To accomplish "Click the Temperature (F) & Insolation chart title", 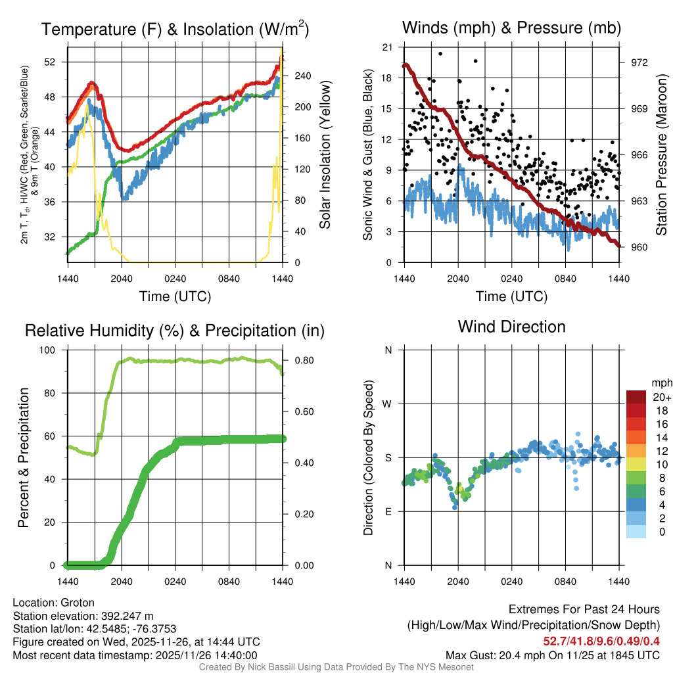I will pyautogui.click(x=175, y=29).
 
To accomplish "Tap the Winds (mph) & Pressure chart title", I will pyautogui.click(x=511, y=28).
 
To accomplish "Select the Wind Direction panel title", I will pyautogui.click(x=511, y=327).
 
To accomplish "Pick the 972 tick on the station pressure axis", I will pyautogui.click(x=639, y=62).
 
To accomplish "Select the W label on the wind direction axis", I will pyautogui.click(x=388, y=404).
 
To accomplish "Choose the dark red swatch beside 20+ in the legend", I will pyautogui.click(x=636, y=397).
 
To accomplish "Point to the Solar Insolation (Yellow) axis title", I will pyautogui.click(x=325, y=155).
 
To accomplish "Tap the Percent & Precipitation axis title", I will pyautogui.click(x=23, y=457).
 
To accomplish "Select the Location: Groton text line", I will pyautogui.click(x=54, y=603).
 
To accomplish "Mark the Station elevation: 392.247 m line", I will pyautogui.click(x=83, y=616).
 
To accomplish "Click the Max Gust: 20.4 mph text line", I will pyautogui.click(x=552, y=655).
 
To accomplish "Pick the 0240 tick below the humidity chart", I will pyautogui.click(x=175, y=581).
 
